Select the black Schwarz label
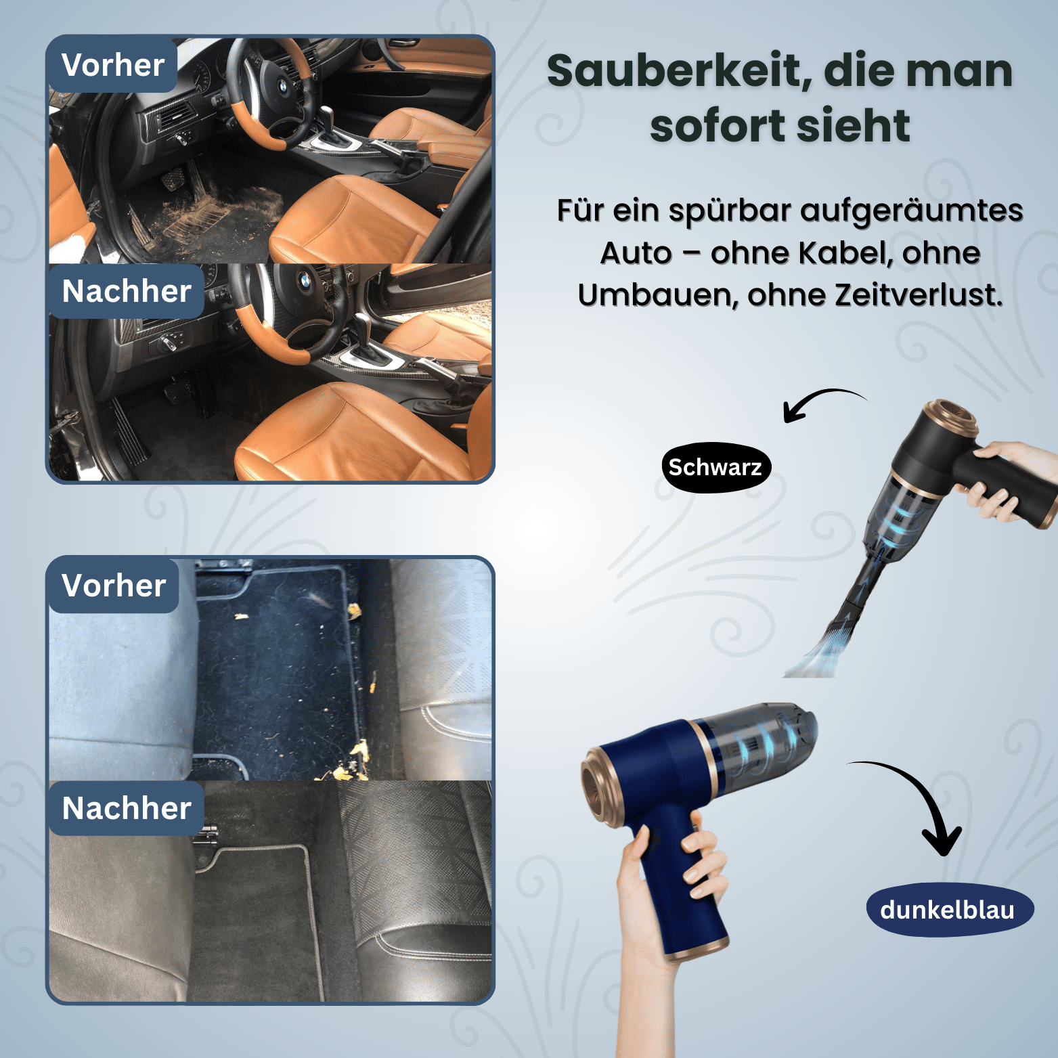pyautogui.click(x=715, y=468)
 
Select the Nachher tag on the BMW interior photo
pyautogui.click(x=127, y=292)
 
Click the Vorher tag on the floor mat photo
pyautogui.click(x=114, y=586)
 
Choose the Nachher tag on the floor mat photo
pyautogui.click(x=127, y=808)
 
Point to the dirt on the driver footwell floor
pyautogui.click(x=217, y=210)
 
